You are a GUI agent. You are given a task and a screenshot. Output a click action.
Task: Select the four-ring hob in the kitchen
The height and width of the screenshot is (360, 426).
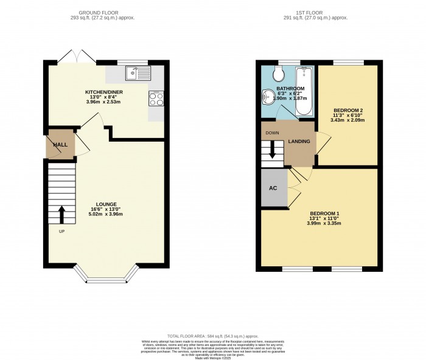click(x=156, y=98)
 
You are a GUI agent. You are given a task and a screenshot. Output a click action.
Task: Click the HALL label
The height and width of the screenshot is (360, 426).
click(x=60, y=145)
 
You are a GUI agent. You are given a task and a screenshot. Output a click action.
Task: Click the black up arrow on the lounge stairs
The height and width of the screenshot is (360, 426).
click(x=61, y=214)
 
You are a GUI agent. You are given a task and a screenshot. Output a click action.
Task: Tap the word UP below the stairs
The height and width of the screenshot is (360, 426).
click(x=61, y=232)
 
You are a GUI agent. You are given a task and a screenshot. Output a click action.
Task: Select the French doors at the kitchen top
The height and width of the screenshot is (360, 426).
click(x=76, y=59)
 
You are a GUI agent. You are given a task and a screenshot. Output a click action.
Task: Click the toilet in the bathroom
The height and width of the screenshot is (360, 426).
click(x=279, y=74)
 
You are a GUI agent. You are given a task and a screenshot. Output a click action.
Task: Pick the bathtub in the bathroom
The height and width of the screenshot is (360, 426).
click(x=303, y=91)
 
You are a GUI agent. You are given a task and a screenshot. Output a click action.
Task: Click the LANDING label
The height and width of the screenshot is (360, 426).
click(x=299, y=142)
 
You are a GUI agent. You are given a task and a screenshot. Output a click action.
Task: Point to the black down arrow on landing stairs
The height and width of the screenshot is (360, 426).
click(x=272, y=153)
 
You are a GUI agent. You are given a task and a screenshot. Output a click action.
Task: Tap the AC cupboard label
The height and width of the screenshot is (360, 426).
click(x=273, y=187)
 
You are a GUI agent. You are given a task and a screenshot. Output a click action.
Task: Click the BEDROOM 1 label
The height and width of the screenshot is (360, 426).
click(x=324, y=213)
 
